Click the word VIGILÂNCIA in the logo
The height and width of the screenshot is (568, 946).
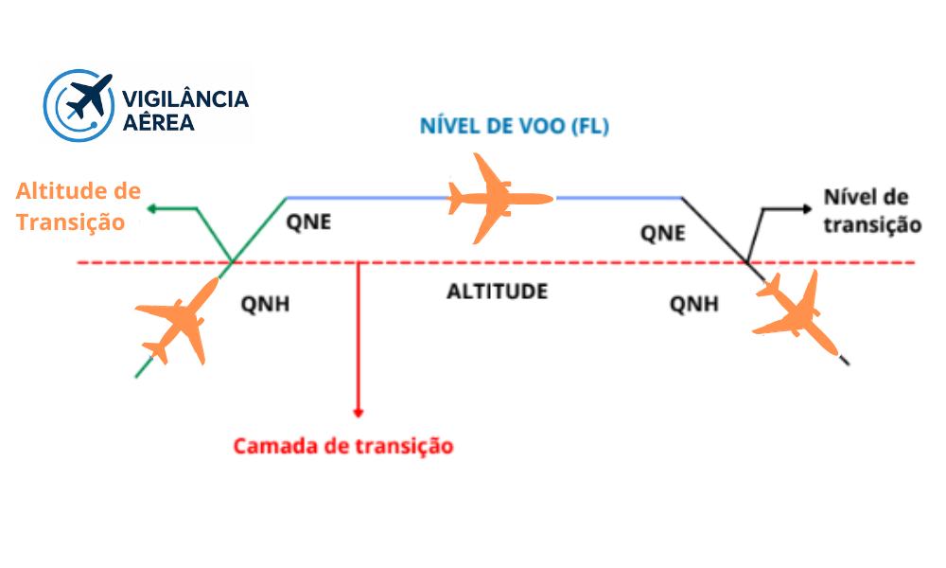185,98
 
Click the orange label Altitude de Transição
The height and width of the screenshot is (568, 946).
78,207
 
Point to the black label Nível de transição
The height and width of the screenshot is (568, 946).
871,211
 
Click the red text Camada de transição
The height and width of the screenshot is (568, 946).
343,445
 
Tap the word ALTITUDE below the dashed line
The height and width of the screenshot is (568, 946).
497,291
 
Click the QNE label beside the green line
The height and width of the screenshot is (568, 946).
309,223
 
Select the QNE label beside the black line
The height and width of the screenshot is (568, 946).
662,234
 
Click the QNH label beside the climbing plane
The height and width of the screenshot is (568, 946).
266,305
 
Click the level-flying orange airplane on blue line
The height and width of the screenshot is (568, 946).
498,198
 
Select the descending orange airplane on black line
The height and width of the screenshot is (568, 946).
793,307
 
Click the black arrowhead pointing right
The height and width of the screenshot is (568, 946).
807,206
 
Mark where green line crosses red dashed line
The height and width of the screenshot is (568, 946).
233,262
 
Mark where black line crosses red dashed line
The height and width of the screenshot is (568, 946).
745,262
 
